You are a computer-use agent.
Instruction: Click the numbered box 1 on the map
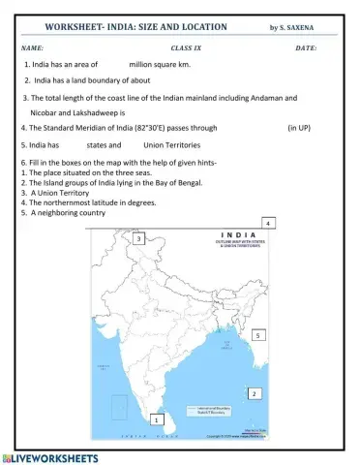click(x=158, y=419)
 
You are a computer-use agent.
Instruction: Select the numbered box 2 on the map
click(x=253, y=394)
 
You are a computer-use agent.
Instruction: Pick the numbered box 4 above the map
click(x=267, y=224)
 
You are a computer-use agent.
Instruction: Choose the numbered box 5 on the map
click(x=257, y=334)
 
